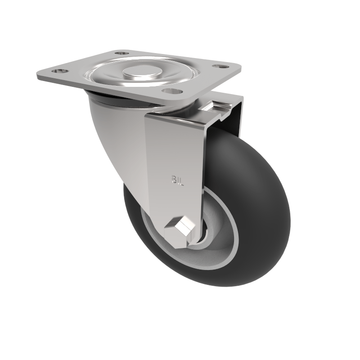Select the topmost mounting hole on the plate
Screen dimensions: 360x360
pos(119,54)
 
